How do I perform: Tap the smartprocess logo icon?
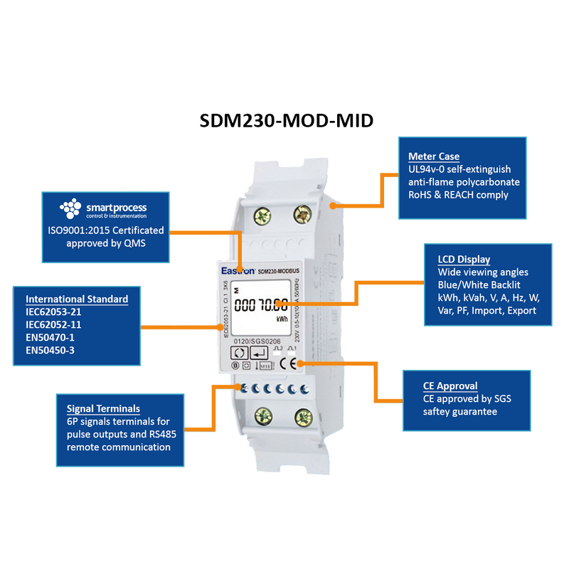pos(72,208)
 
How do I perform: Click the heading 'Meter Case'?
pos(434,156)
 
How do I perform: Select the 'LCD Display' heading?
pos(464,260)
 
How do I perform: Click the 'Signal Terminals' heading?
pos(103,409)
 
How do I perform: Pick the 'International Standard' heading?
pos(77,299)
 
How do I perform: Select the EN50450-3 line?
pos(50,350)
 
